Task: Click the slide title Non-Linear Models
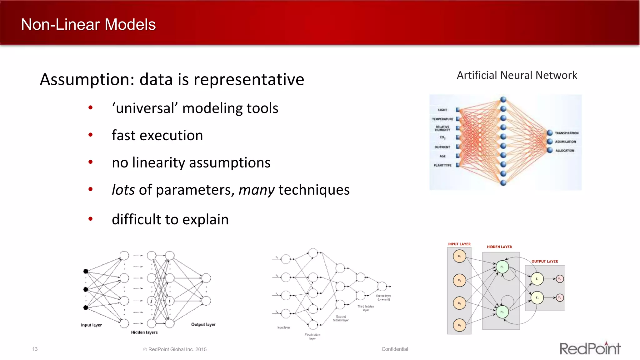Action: point(88,24)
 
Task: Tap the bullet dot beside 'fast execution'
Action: point(91,135)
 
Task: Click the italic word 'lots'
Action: point(123,190)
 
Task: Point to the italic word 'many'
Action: point(257,190)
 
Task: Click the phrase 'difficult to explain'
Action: point(170,219)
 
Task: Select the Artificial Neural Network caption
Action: point(517,75)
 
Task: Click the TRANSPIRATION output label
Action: point(567,133)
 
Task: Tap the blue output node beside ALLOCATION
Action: point(550,150)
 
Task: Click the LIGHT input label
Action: point(442,110)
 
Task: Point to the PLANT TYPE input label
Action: point(442,165)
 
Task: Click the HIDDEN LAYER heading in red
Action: point(499,247)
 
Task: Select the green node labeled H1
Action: point(502,267)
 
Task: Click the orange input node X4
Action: point(459,325)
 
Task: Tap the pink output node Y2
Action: point(559,298)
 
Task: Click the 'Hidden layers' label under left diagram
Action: point(144,332)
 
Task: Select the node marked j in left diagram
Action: point(152,301)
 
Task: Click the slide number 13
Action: point(35,349)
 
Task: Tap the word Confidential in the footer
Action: point(394,349)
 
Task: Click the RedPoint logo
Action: point(590,348)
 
